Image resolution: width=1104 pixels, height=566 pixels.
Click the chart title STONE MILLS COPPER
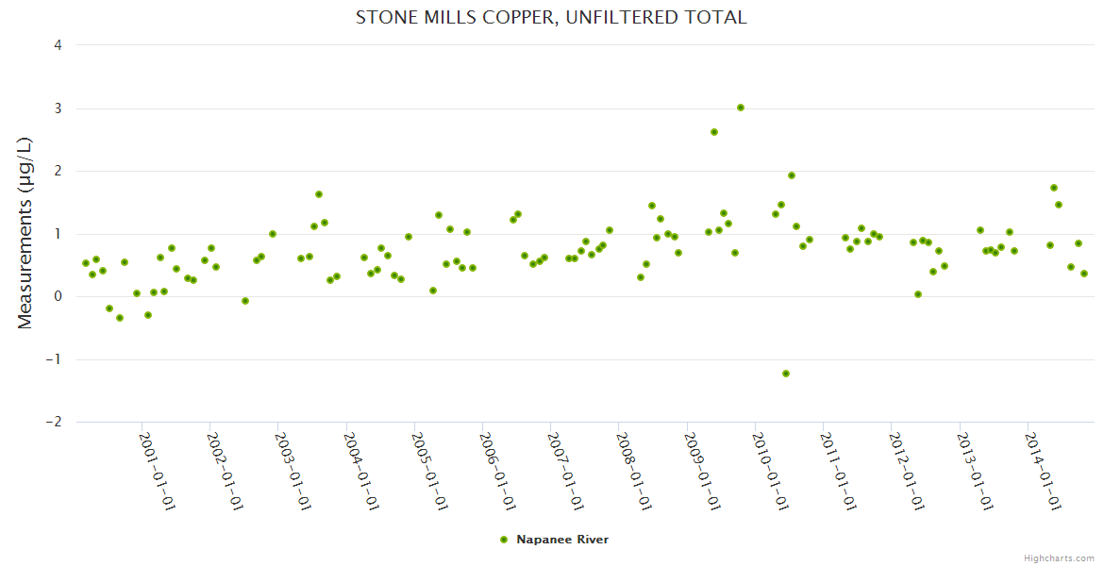click(x=551, y=18)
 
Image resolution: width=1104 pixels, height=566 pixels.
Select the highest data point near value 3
click(x=741, y=108)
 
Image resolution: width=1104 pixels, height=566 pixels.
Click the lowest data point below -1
click(x=786, y=374)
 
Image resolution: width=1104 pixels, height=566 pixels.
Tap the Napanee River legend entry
click(x=561, y=540)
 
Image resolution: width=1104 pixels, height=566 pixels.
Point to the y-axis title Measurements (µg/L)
click(x=25, y=233)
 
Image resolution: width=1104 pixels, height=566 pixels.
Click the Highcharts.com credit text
click(x=1059, y=558)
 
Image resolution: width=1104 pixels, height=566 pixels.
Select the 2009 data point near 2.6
click(x=714, y=132)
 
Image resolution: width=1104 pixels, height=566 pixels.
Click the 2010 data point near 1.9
click(x=792, y=175)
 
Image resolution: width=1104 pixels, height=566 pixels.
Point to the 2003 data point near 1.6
click(x=319, y=194)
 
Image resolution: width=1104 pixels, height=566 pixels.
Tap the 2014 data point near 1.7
click(x=1054, y=188)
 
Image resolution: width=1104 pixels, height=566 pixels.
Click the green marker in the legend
click(x=504, y=540)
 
